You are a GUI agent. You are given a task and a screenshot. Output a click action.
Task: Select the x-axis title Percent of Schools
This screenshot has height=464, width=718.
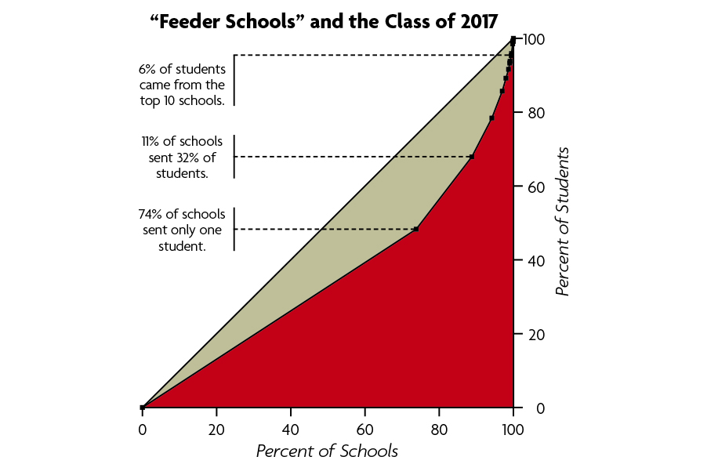327,451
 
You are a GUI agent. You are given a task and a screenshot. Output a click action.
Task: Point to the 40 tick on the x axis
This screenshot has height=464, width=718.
291,430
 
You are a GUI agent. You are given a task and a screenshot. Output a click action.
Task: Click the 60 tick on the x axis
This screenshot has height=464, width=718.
364,430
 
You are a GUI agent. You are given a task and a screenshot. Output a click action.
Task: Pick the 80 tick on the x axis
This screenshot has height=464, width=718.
439,430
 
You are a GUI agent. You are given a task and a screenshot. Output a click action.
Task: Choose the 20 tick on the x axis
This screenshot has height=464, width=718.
216,430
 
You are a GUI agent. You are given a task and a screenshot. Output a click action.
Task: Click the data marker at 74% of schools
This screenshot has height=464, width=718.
416,229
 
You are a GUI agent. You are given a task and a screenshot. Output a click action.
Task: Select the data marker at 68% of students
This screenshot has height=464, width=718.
472,157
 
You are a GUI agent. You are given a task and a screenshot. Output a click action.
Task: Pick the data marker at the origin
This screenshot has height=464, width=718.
142,408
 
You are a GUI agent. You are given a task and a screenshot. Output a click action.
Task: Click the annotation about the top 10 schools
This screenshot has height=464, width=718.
182,84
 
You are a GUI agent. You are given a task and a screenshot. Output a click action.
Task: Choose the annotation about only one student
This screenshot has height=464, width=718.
182,230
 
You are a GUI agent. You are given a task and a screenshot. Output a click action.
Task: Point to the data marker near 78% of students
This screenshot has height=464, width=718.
491,118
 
